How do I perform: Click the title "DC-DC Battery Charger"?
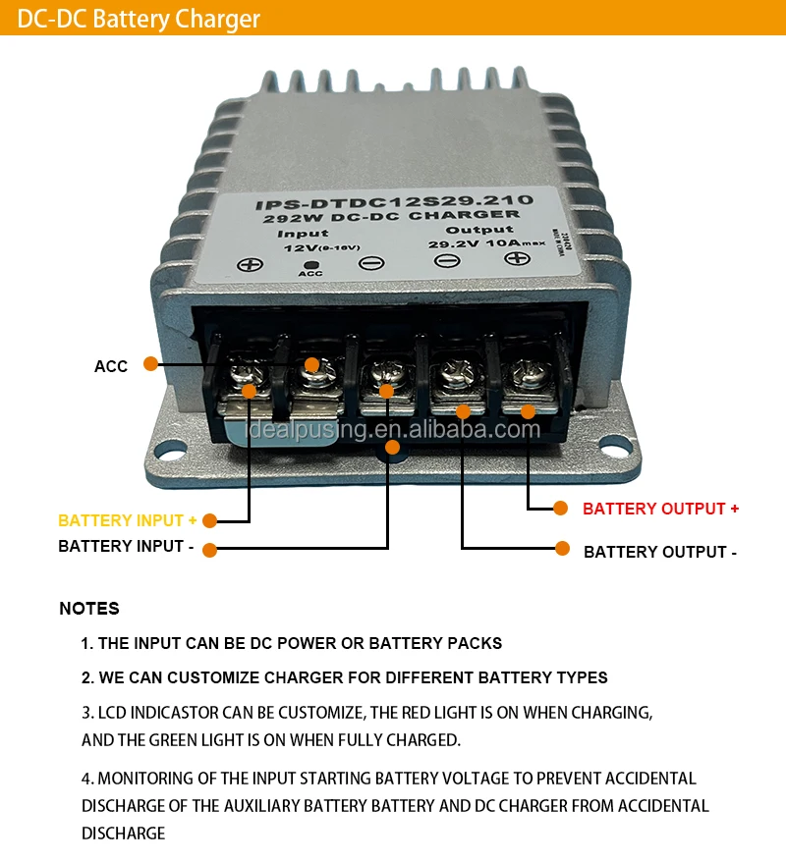[140, 19]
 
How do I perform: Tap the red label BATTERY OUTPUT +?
[660, 509]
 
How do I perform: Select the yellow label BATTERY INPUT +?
[128, 520]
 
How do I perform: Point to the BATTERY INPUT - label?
[126, 546]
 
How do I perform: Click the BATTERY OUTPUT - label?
[660, 552]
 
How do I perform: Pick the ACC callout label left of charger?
[111, 366]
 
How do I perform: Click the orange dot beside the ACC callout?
[150, 363]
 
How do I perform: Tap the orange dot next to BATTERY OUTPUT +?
[561, 509]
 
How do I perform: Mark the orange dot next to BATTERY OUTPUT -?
[563, 549]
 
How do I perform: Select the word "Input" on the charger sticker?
[303, 234]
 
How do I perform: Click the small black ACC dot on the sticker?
[310, 265]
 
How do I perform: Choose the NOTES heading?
[89, 609]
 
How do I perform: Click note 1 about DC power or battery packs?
[292, 643]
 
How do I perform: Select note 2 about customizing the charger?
[344, 677]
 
